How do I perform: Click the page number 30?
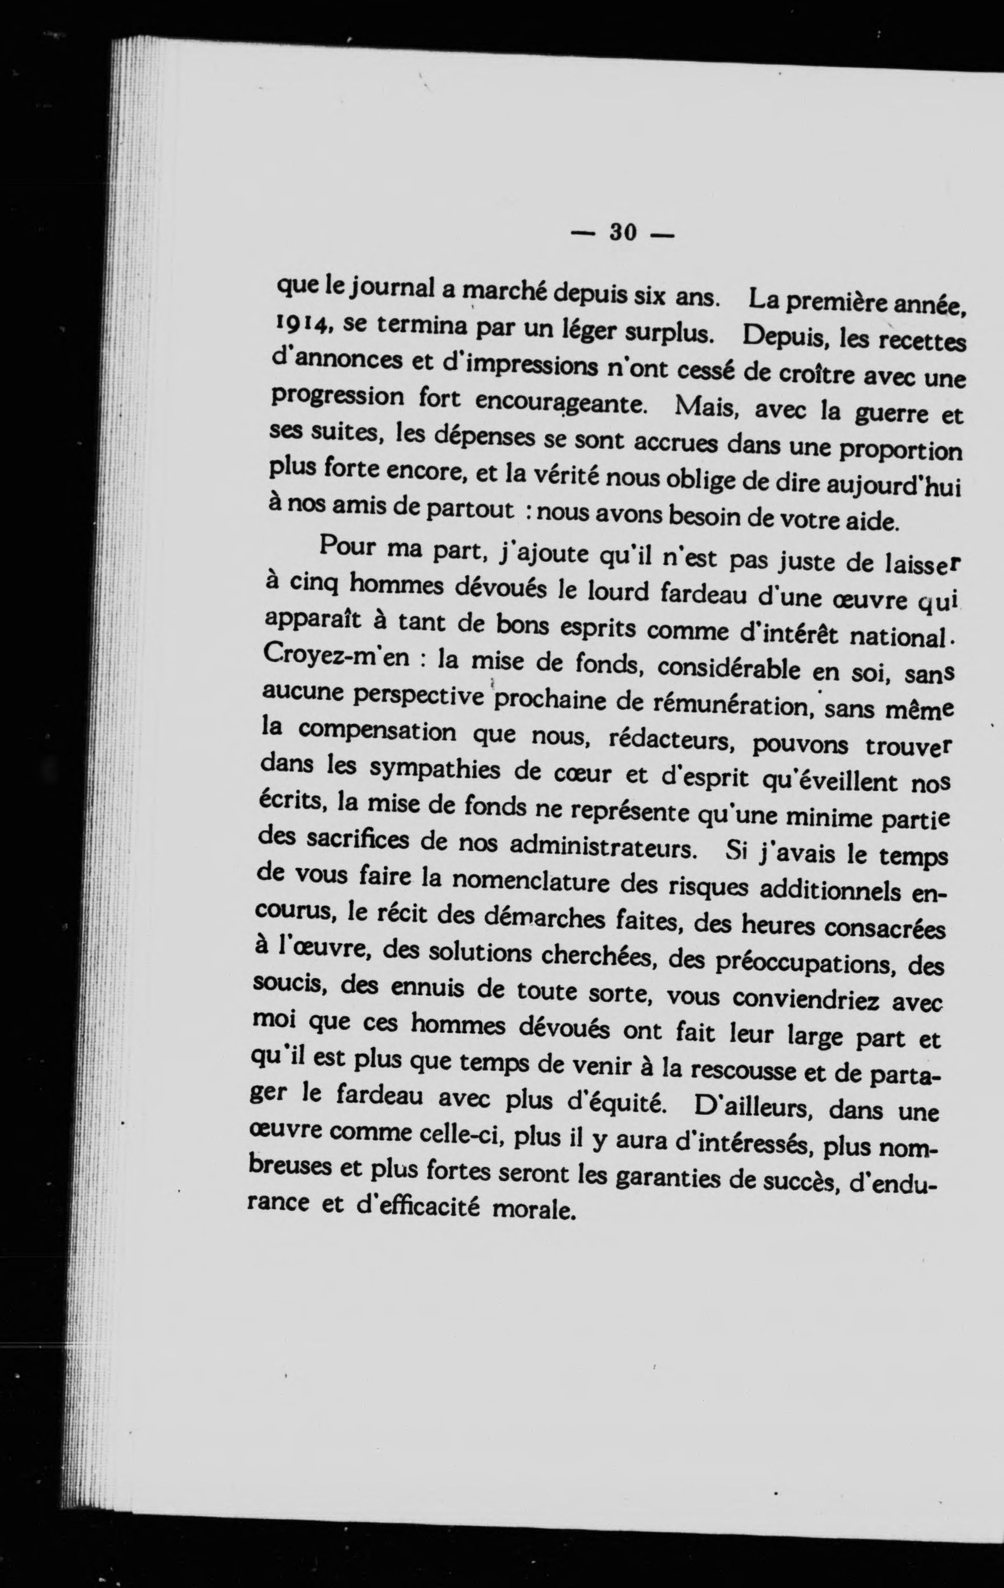coord(622,232)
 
